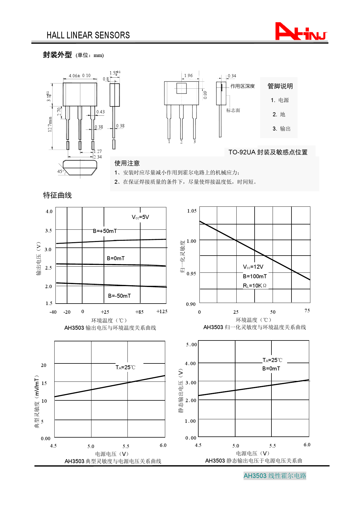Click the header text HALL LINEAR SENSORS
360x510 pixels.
pos(88,35)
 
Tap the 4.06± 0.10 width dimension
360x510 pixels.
pos(80,76)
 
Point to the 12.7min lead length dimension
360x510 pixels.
pos(50,124)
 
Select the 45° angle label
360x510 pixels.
pos(61,171)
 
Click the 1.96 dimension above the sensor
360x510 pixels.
pos(188,76)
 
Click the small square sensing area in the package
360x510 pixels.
pos(181,88)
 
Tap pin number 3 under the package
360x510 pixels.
pos(195,142)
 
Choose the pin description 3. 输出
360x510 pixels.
pos(281,129)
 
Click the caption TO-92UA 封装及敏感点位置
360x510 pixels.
pos(268,152)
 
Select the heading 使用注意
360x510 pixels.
pos(127,163)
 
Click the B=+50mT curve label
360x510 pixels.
pos(105,231)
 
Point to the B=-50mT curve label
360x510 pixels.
pos(119,296)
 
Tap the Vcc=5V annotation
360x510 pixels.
pos(140,217)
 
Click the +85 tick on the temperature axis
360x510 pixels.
pos(139,312)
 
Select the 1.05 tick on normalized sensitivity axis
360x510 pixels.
pos(192,211)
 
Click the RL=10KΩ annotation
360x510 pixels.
pos(255,286)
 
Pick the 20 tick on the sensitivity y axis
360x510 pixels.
pos(44,365)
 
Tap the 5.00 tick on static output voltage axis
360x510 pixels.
pos(191,345)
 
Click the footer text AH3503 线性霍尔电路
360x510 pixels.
pos(275,476)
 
